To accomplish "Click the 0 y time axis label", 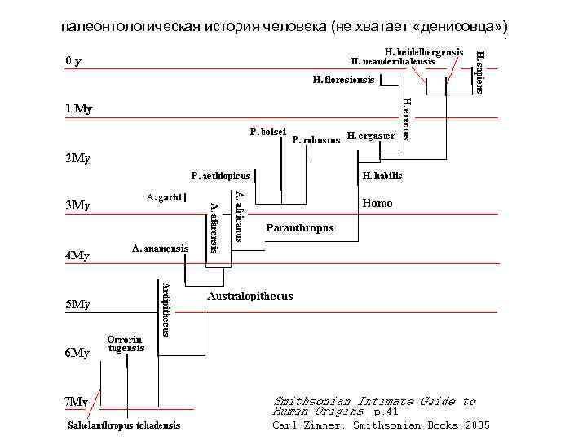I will [73, 61].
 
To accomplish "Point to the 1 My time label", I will [79, 109].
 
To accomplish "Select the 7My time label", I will [77, 401].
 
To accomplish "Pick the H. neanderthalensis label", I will [392, 61].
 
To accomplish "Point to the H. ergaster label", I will [370, 135].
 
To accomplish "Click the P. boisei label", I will [267, 131].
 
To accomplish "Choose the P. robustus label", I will [315, 139].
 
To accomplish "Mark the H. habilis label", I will [382, 175].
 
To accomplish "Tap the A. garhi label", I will [164, 196].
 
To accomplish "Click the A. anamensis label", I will [161, 248].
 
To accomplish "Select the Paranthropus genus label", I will [300, 228].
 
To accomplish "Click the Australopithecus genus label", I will [250, 296].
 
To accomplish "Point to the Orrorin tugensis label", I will [126, 343].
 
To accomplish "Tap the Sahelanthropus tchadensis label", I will [124, 425].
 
